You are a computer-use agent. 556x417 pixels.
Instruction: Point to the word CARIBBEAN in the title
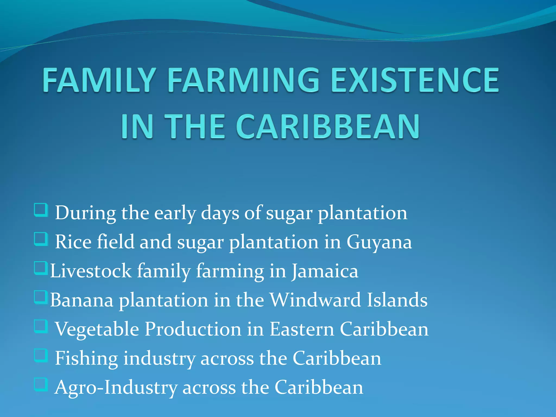coord(328,127)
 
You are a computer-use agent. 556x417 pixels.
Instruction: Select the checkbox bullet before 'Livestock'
coord(41,268)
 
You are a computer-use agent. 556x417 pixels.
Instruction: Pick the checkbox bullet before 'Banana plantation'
coord(41,298)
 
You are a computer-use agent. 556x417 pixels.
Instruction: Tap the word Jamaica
coord(325,271)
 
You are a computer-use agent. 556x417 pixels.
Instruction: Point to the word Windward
coord(315,300)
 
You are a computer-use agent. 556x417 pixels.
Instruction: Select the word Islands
coord(397,300)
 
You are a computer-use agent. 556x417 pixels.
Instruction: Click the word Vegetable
coord(97,329)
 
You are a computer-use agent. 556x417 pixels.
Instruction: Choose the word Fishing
coord(86,358)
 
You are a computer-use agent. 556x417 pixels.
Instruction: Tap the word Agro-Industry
coord(116,387)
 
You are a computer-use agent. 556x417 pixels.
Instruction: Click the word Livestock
coord(91,271)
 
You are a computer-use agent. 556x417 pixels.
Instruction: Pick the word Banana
coord(82,300)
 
